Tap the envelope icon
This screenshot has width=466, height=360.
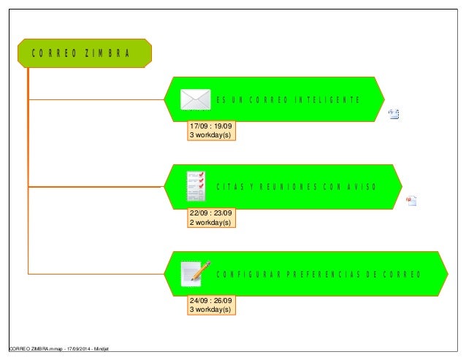coord(195,99)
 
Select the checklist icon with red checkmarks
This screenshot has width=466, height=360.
coord(195,186)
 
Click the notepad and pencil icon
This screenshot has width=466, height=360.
coord(196,273)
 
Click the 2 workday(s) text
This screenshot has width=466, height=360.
coord(210,222)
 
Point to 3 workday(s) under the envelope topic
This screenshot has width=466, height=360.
coord(210,134)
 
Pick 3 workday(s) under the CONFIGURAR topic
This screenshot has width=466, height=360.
coord(210,310)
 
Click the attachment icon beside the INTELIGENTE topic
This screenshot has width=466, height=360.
coord(394,113)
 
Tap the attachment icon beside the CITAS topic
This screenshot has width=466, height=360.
coord(411,201)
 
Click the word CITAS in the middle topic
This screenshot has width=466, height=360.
coord(226,186)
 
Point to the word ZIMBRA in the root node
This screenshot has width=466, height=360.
coord(107,53)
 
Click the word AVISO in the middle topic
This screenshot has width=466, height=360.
coord(360,186)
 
